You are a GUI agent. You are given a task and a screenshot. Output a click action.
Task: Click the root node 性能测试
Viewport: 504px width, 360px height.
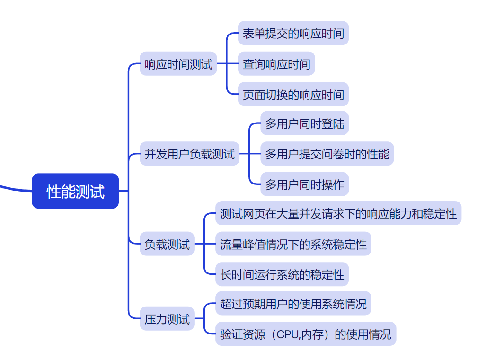coord(75,191)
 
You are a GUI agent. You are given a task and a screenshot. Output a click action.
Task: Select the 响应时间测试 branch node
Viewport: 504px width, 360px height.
coord(178,64)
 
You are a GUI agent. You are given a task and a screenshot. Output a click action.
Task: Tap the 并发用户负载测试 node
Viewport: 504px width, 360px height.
coord(189,154)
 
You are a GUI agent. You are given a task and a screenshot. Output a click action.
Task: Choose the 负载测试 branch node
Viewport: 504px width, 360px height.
coord(167,244)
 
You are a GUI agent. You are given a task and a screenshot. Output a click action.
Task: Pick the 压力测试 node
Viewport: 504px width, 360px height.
coord(167,319)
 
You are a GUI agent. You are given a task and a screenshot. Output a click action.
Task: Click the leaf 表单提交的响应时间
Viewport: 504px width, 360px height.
coord(293,33)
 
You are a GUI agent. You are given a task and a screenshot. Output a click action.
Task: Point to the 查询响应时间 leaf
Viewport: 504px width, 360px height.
coord(276,64)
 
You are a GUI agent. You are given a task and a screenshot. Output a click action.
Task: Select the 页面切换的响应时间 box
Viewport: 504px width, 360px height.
coord(293,94)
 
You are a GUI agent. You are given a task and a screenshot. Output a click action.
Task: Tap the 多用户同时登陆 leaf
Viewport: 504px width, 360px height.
coord(304,124)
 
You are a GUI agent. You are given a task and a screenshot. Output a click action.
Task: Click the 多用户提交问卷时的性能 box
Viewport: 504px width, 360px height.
coord(327,154)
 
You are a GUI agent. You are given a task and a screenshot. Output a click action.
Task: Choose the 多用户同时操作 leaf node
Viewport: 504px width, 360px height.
coord(304,184)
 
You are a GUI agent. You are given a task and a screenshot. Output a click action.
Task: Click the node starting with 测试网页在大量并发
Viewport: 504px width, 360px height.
coord(338,214)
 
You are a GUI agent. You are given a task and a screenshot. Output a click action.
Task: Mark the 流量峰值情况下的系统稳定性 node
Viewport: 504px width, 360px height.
coord(293,244)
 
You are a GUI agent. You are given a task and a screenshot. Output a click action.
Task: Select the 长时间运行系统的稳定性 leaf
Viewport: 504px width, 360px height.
coord(282,274)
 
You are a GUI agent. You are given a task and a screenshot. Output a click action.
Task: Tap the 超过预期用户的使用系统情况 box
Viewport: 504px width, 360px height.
coord(293,304)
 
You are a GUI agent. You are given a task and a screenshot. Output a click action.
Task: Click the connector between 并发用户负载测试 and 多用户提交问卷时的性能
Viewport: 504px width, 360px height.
coord(250,154)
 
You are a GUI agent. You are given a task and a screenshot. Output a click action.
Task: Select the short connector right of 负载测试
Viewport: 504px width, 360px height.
coord(199,244)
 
